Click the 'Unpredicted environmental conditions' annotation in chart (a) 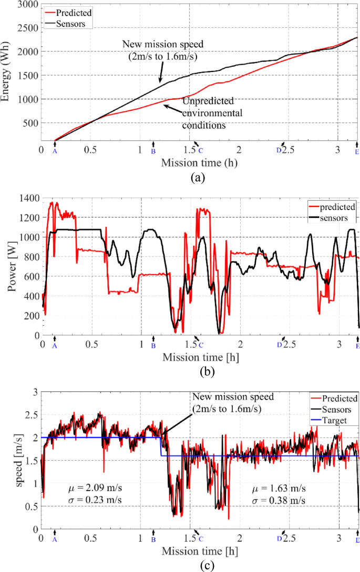(212, 113)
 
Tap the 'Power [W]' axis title (7, 266)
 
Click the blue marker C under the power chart (201, 345)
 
